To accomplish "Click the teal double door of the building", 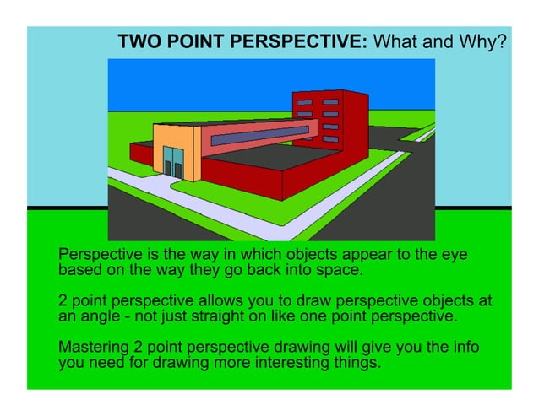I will coord(173,161).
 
